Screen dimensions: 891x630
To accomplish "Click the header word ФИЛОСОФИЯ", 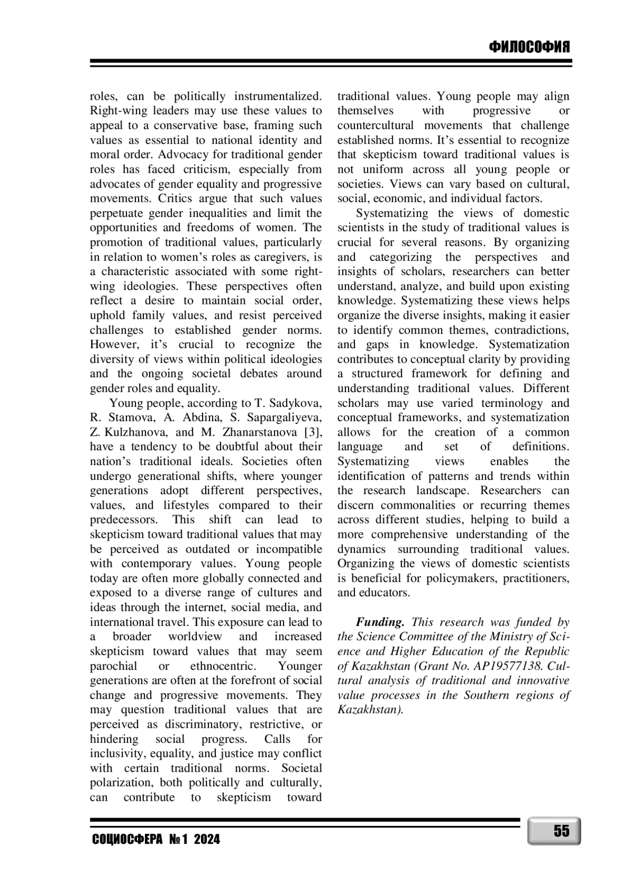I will pos(529,48).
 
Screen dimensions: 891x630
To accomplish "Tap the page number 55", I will pos(561,831).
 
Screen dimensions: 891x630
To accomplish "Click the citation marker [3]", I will pos(313,432).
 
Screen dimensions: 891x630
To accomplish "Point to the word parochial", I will pos(113,666).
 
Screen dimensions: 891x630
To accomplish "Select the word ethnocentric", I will pos(223,666).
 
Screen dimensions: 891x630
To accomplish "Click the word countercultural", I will pos(375,125).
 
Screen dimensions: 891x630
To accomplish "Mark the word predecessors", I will pos(124,520).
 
